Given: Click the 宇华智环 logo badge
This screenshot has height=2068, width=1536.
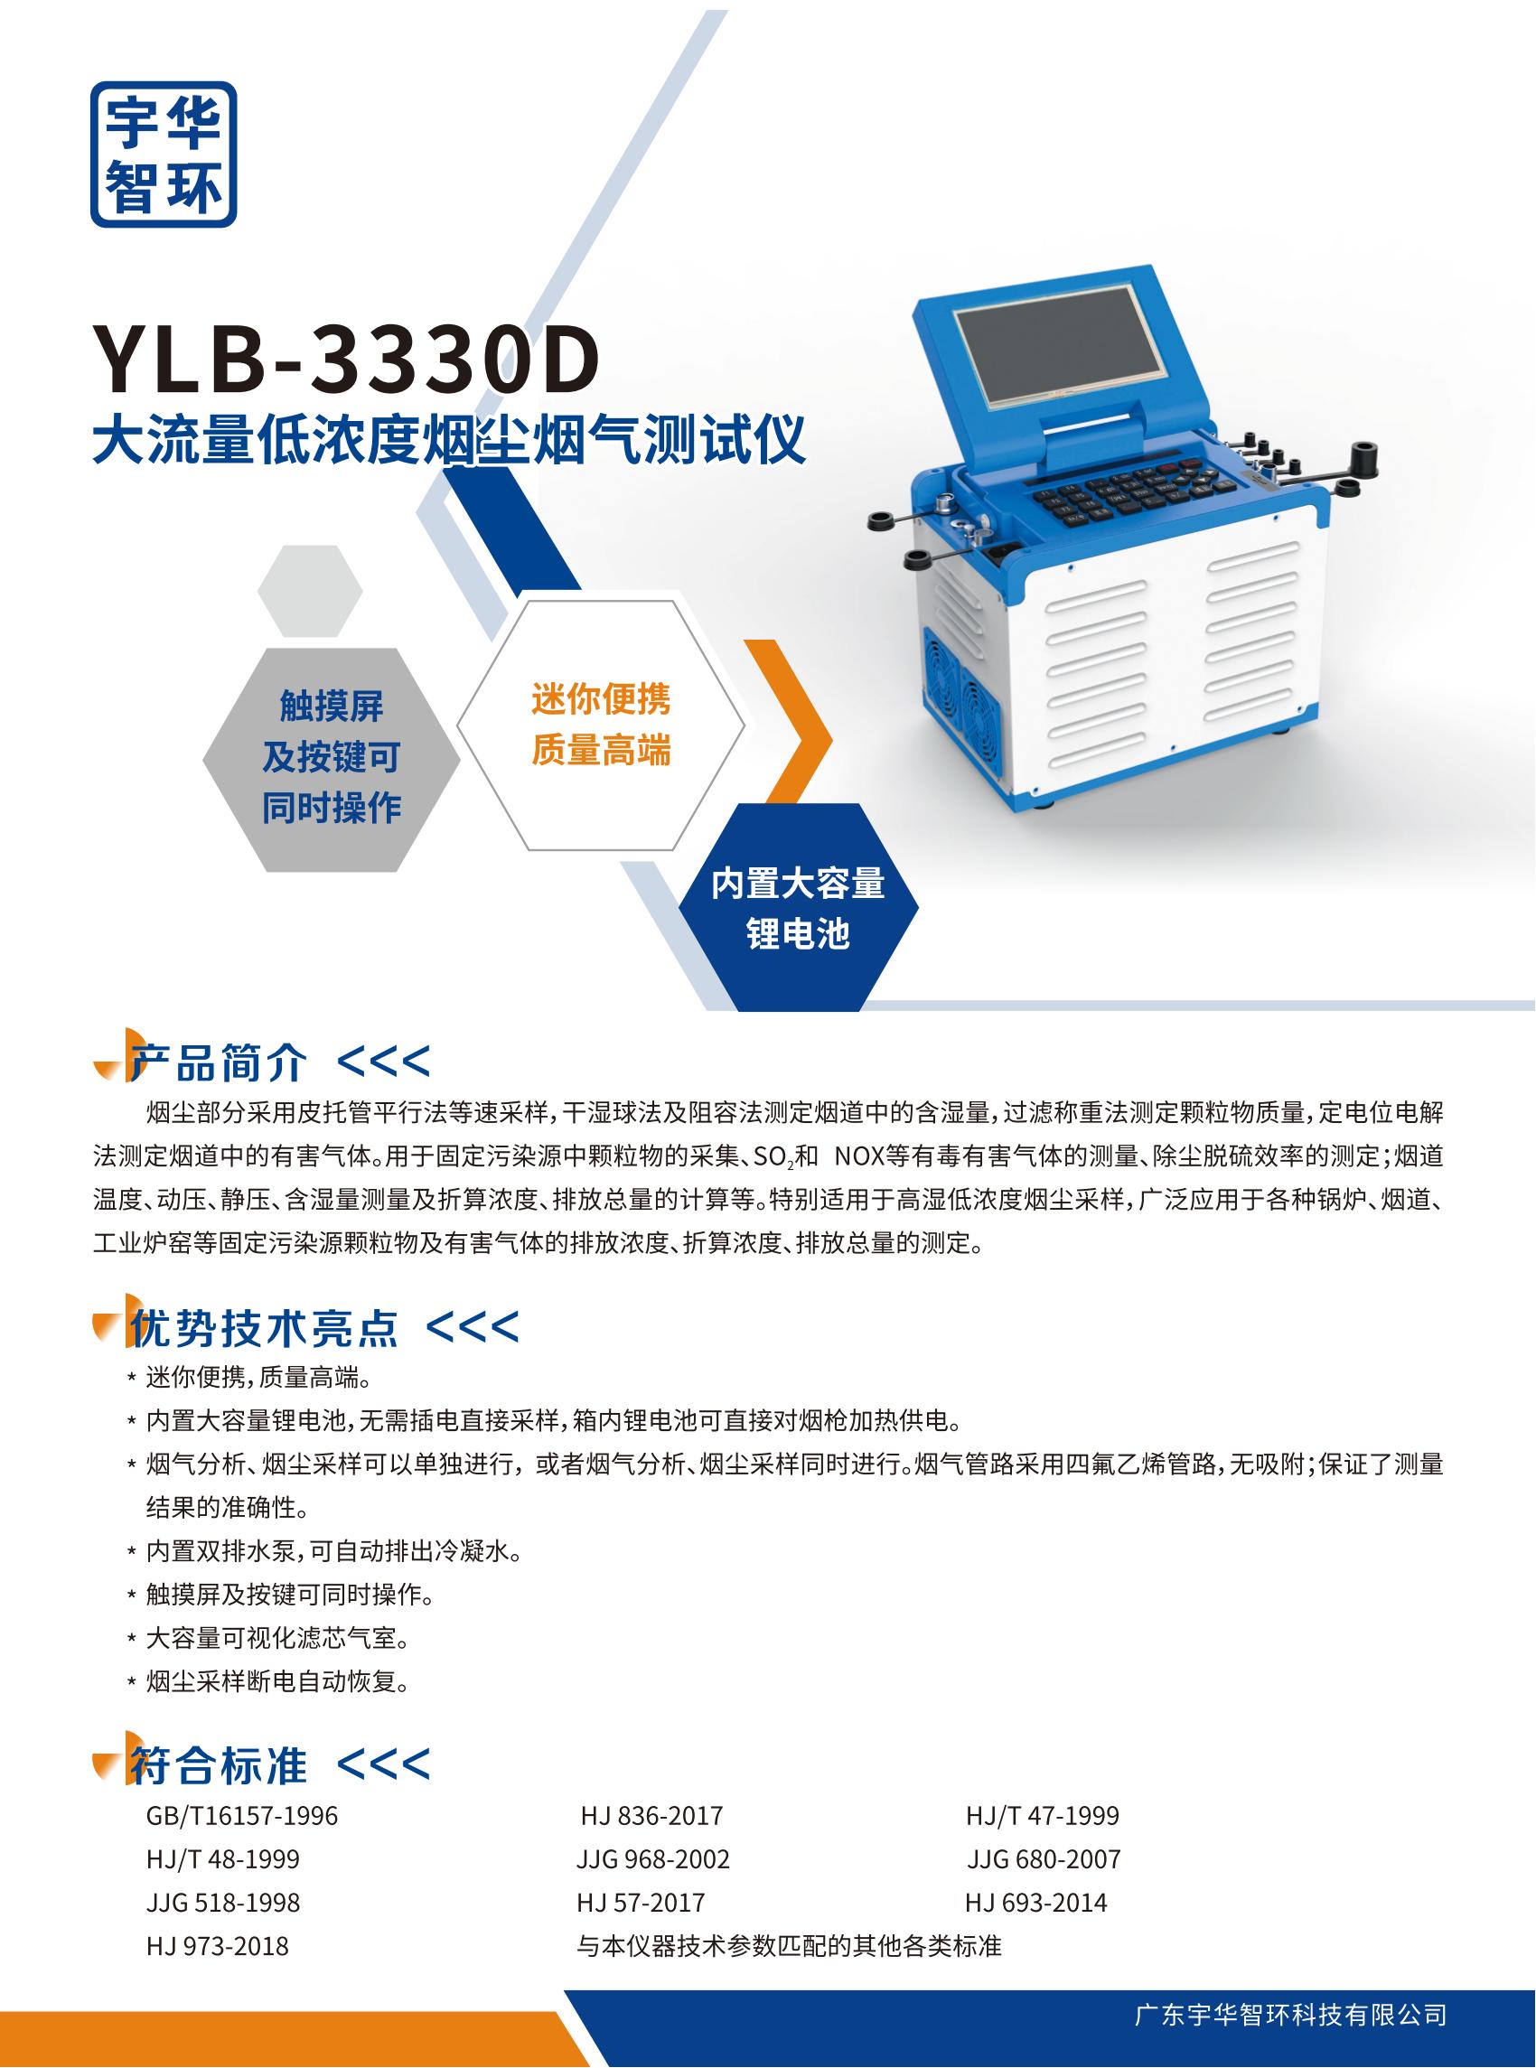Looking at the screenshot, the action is tap(163, 154).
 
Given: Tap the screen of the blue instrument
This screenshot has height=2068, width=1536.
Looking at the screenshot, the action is tap(1058, 344).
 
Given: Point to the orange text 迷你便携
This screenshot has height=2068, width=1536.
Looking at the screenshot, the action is tap(601, 698).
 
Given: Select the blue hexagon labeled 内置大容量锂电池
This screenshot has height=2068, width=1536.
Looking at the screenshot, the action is tap(798, 907).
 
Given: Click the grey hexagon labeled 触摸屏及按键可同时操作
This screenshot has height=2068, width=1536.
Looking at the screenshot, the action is tap(331, 760).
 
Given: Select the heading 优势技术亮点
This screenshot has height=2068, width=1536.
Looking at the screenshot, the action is tap(264, 1328).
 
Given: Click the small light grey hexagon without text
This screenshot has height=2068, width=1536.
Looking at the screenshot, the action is tap(310, 591).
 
